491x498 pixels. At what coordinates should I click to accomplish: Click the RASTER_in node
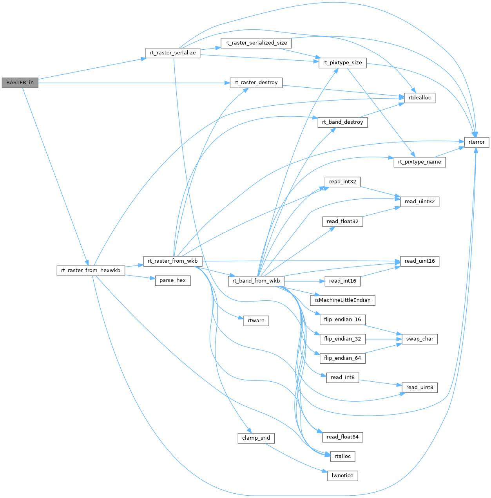click(20, 83)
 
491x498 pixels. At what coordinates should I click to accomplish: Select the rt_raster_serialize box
click(173, 53)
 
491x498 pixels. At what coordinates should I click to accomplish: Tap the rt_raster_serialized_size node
click(256, 43)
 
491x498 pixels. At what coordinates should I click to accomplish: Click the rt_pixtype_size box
click(342, 63)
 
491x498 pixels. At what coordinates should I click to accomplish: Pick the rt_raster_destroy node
click(256, 83)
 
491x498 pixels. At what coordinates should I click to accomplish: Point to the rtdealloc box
click(420, 98)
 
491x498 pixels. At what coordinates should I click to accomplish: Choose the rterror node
click(477, 142)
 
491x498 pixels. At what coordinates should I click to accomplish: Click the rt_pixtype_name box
click(419, 162)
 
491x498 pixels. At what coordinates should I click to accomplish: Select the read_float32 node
click(342, 222)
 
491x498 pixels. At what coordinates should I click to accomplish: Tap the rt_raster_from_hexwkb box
click(91, 271)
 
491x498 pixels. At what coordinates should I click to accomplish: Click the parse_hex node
click(173, 280)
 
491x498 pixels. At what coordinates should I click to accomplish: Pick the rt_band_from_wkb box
click(256, 281)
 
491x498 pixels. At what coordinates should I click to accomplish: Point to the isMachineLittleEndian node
click(342, 300)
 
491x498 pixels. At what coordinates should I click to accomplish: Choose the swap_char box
click(420, 339)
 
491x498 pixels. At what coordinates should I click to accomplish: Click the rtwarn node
click(256, 321)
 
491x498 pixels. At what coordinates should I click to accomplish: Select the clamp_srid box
click(256, 438)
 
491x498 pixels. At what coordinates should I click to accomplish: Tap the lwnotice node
click(342, 476)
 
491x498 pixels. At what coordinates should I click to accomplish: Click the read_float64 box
click(342, 437)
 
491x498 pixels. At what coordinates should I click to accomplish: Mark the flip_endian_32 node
click(342, 339)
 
